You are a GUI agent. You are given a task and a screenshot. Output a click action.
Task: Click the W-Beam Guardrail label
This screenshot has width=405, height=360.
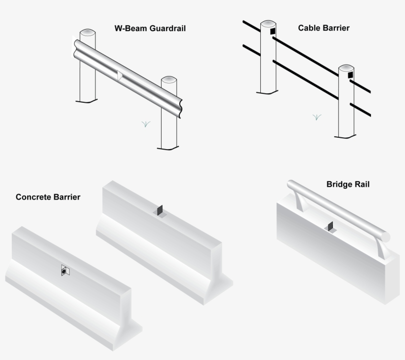[x=150, y=28]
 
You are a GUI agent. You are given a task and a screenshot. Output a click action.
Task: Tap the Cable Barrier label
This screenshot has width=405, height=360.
[x=324, y=28]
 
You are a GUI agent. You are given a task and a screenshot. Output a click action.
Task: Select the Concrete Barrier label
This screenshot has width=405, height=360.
[x=48, y=197]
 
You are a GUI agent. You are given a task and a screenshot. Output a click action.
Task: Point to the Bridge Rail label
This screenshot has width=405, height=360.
[x=348, y=184]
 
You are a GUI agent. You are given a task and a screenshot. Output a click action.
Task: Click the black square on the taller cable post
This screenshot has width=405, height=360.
[x=273, y=31]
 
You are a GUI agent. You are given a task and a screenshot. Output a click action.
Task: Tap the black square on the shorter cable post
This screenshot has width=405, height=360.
[x=350, y=75]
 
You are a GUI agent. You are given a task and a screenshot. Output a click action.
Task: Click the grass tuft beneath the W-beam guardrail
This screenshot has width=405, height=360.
[x=146, y=124]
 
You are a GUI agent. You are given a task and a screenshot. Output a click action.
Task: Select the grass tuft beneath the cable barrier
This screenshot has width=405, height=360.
[x=317, y=117]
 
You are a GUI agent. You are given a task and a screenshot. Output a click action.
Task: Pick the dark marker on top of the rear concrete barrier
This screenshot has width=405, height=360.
[x=160, y=210]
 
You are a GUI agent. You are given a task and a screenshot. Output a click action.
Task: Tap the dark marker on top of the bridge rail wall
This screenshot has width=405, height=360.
[x=330, y=227]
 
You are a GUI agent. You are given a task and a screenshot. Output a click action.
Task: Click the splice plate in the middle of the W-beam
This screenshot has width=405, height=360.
[x=120, y=76]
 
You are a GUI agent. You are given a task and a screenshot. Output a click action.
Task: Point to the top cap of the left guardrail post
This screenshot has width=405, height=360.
[x=87, y=32]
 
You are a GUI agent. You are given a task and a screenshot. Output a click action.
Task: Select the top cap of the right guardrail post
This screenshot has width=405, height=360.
[x=169, y=80]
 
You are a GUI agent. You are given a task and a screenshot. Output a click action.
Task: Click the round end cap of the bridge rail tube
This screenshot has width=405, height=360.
[x=386, y=237]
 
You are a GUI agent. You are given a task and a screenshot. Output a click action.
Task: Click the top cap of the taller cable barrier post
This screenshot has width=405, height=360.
[x=268, y=23]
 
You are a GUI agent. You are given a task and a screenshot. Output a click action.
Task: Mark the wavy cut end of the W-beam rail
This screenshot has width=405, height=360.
[x=180, y=109]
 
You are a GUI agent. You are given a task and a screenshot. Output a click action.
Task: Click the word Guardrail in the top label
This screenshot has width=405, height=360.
[x=167, y=28]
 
